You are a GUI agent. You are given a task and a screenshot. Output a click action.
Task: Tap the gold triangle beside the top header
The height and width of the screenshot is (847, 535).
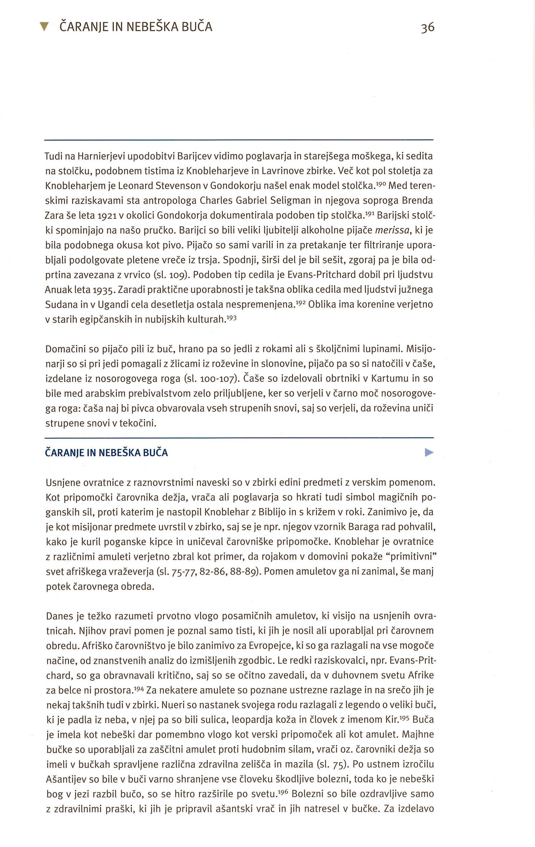tap(43, 27)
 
